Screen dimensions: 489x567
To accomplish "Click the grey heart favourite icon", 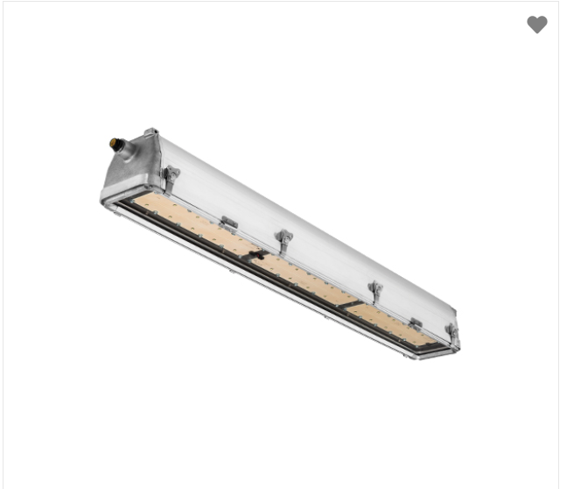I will pos(537,25).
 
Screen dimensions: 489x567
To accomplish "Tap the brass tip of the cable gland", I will pos(114,142).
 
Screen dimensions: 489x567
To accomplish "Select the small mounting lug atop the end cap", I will pos(151,132).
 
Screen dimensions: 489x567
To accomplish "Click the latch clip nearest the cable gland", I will pos(171,178).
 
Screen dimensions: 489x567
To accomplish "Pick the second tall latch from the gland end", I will pos(283,239).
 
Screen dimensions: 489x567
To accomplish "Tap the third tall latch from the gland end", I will pos(375,291).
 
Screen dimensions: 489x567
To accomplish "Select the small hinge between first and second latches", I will pos(228,223).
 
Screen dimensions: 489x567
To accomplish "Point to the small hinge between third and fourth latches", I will pos(416,324).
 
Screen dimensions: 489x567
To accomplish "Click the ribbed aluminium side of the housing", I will pos(306,219).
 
